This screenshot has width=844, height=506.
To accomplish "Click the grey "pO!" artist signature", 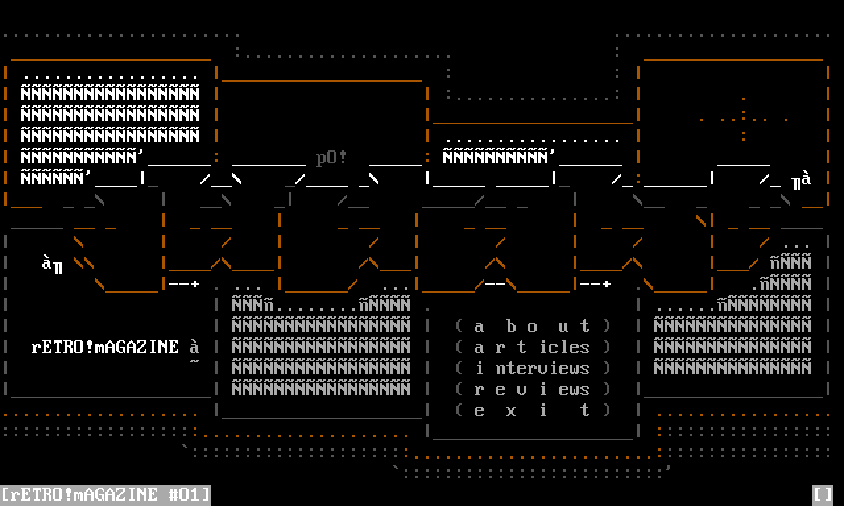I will pyautogui.click(x=332, y=159).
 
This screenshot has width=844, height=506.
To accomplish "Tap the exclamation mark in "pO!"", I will pyautogui.click(x=342, y=158).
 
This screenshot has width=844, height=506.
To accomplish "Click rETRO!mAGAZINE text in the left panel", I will pyautogui.click(x=105, y=347).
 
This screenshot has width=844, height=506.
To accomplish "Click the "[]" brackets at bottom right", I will pyautogui.click(x=823, y=494).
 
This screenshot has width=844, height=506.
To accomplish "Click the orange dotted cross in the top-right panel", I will pyautogui.click(x=744, y=119).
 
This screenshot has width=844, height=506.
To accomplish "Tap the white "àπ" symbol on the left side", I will pyautogui.click(x=52, y=264).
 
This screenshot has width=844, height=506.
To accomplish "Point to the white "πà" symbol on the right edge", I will pyautogui.click(x=801, y=180).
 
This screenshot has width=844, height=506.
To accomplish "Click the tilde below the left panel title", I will pyautogui.click(x=195, y=362).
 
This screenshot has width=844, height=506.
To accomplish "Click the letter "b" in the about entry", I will pyautogui.click(x=511, y=326).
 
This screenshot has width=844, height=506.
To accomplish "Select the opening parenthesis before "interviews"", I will pyautogui.click(x=459, y=368).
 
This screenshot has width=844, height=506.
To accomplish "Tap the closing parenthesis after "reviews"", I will pyautogui.click(x=607, y=389).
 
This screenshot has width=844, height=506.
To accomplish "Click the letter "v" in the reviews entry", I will pyautogui.click(x=522, y=390).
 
